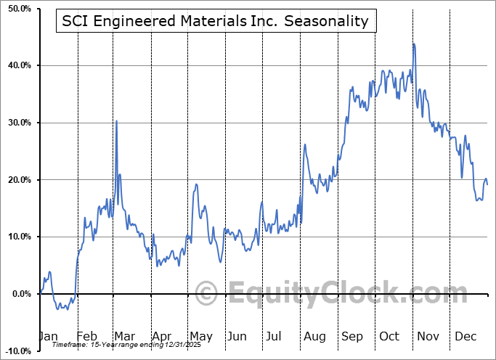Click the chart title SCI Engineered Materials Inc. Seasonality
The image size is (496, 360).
(215, 21)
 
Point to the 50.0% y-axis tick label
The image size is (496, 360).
(17, 9)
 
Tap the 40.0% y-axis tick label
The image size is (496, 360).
(17, 65)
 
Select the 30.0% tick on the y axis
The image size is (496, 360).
(17, 123)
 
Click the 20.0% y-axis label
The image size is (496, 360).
(17, 180)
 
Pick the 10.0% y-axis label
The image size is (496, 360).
(17, 237)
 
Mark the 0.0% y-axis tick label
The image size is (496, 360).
(19, 294)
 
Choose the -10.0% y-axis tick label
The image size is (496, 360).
(16, 351)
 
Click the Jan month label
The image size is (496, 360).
(48, 337)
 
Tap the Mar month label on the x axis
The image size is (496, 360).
(125, 337)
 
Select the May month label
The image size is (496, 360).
(200, 337)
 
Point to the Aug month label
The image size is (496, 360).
(314, 337)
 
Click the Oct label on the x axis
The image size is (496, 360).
(390, 337)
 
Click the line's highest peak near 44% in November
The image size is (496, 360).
(414, 44)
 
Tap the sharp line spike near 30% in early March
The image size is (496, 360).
(116, 121)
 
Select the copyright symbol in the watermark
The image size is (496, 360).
(206, 294)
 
